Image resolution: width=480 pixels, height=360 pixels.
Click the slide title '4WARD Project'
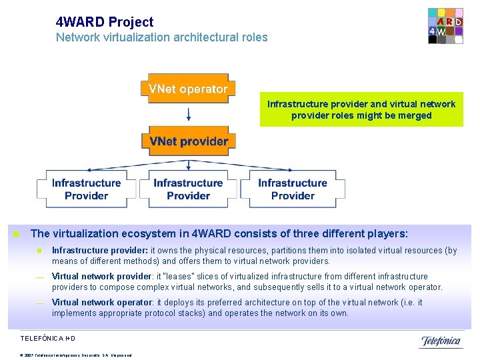(105, 22)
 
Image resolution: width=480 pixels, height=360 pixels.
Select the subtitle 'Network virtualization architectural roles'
(161, 37)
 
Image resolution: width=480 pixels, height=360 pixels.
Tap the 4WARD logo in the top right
(445, 26)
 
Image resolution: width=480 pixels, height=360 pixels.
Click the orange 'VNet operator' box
(188, 89)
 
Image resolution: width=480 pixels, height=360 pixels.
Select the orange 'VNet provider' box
(188, 141)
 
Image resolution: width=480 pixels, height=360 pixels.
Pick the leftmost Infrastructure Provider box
(86, 189)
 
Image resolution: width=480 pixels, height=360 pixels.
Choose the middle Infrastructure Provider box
(188, 189)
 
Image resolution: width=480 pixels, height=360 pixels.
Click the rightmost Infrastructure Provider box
(293, 189)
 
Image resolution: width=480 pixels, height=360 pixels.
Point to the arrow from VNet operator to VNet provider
(188, 113)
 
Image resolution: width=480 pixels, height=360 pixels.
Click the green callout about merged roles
(361, 109)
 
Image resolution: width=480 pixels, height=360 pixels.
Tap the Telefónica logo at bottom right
(440, 341)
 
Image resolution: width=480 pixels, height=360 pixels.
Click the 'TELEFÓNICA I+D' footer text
(47, 339)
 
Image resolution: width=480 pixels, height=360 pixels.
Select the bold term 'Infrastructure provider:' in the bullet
(100, 251)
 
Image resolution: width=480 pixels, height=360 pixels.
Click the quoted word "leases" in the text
(181, 277)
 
